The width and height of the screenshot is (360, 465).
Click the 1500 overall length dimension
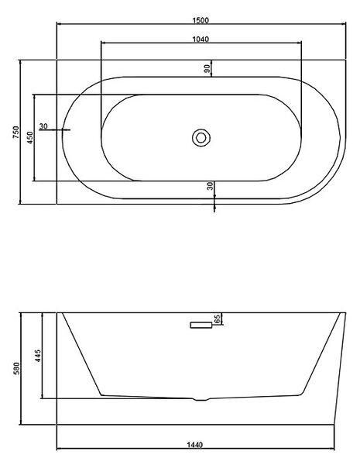tap(201, 20)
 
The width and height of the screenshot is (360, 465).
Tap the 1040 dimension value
tap(201, 39)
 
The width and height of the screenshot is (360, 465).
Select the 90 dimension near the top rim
tap(207, 68)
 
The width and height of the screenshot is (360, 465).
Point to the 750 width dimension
tap(15, 132)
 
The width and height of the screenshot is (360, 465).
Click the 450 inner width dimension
tap(29, 138)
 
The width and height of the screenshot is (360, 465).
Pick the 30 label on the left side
tap(43, 126)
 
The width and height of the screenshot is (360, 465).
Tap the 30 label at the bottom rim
tap(210, 186)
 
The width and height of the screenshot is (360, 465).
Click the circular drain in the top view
tap(201, 138)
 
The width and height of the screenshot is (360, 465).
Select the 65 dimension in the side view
tap(218, 319)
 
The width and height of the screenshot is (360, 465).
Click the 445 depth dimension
tap(38, 356)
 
